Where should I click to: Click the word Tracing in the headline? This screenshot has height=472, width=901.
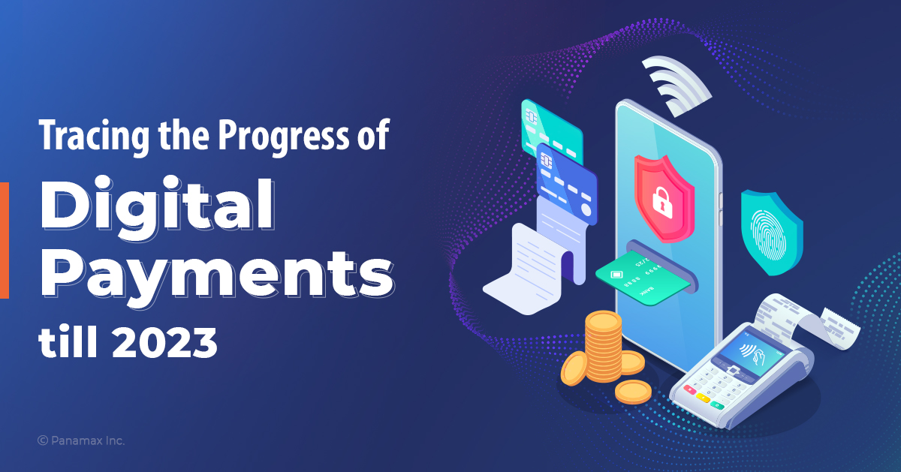pyautogui.click(x=94, y=136)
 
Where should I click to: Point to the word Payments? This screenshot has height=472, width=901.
pyautogui.click(x=217, y=277)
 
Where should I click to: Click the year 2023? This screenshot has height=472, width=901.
pyautogui.click(x=165, y=342)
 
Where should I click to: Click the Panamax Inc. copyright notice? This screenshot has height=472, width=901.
pyautogui.click(x=81, y=440)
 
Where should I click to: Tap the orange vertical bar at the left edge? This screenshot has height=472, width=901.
pyautogui.click(x=5, y=240)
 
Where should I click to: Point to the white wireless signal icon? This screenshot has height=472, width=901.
pyautogui.click(x=677, y=83)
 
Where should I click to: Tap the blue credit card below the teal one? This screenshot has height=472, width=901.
pyautogui.click(x=567, y=183)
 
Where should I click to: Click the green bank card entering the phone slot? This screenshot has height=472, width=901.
pyautogui.click(x=643, y=278)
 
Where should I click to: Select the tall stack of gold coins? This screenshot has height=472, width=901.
pyautogui.click(x=604, y=347)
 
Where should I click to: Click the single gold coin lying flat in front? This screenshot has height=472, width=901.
pyautogui.click(x=633, y=392)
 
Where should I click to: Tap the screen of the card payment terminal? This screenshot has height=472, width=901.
pyautogui.click(x=751, y=353)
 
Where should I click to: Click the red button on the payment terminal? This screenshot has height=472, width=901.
pyautogui.click(x=690, y=389)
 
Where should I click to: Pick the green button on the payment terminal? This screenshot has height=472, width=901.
pyautogui.click(x=717, y=405)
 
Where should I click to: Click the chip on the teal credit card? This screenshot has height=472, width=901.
pyautogui.click(x=532, y=116)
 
